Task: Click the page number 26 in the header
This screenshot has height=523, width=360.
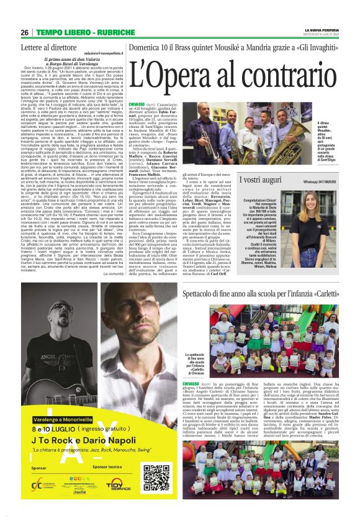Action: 25,32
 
